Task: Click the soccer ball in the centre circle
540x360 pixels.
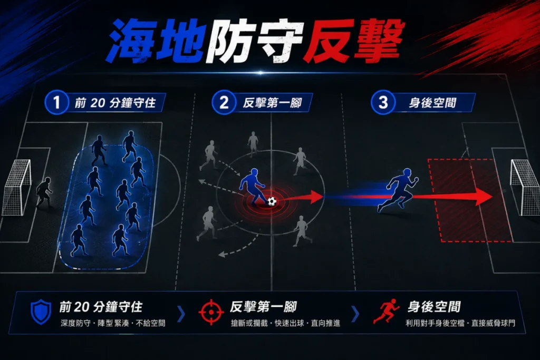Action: tap(272, 201)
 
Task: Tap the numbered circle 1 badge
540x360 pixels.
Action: tap(56, 102)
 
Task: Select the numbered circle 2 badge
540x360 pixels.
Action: tap(224, 102)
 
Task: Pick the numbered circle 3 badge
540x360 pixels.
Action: tap(383, 102)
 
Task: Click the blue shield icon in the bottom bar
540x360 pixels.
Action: tap(41, 312)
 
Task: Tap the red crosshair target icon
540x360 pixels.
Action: tap(211, 312)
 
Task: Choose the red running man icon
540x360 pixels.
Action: tap(387, 311)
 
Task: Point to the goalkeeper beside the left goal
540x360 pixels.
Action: tap(44, 192)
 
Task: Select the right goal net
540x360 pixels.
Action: tap(525, 188)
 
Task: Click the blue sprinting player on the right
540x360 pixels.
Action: tap(399, 190)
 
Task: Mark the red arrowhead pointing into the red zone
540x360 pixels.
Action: tap(484, 197)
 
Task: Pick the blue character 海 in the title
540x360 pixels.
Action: tap(130, 41)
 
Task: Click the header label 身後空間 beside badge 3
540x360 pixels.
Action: tap(432, 103)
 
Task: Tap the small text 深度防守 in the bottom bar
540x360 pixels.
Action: tap(75, 323)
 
